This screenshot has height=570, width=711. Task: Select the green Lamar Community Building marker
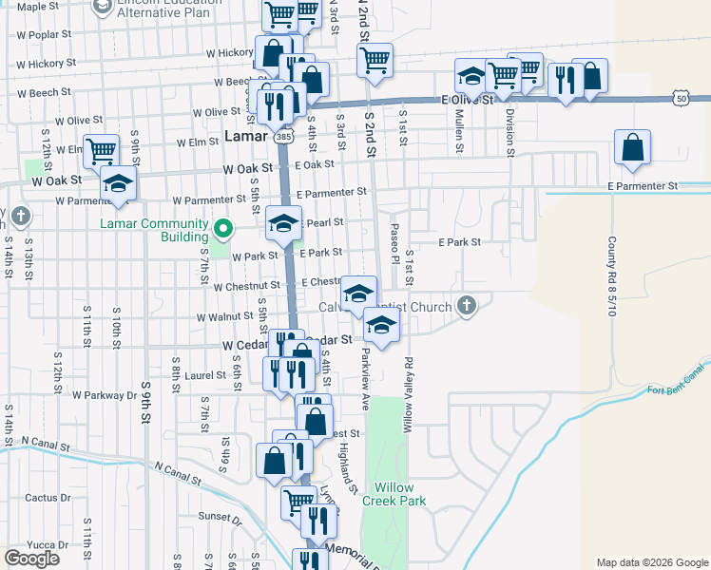[x=223, y=229]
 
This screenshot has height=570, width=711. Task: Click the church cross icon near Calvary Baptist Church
[x=465, y=305]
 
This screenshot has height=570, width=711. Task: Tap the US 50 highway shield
[x=678, y=97]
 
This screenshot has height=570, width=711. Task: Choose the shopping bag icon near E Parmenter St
[x=632, y=149]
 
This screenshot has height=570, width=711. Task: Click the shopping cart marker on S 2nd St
[x=375, y=61]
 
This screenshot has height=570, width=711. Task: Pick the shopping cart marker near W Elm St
[x=100, y=150]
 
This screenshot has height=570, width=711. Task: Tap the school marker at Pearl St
[x=282, y=224]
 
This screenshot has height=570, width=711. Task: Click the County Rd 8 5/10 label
[x=612, y=271]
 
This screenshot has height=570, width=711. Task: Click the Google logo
[x=31, y=559]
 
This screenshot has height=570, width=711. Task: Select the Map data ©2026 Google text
[x=651, y=562]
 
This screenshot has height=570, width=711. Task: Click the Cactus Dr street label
[x=42, y=497]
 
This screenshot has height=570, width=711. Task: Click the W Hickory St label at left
[x=44, y=64]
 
